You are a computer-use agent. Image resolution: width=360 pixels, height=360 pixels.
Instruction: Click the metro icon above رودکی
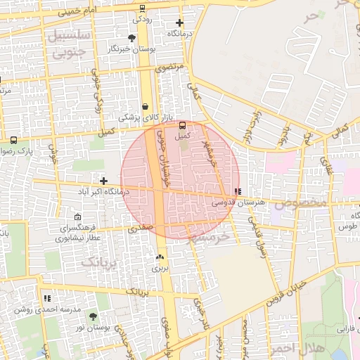(143, 8)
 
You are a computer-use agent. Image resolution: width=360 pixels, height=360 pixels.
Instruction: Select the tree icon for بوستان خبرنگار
(131, 38)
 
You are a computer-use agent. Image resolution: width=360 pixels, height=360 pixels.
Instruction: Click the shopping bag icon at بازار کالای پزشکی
(145, 107)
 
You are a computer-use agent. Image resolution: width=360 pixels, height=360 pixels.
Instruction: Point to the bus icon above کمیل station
(182, 124)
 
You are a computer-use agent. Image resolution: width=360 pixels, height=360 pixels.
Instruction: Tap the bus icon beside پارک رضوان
(14, 139)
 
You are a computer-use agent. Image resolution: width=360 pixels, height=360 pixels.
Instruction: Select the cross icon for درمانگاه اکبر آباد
(103, 181)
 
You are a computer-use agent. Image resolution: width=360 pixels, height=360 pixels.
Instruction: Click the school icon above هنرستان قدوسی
(237, 191)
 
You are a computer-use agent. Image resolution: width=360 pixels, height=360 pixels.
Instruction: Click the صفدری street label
(140, 229)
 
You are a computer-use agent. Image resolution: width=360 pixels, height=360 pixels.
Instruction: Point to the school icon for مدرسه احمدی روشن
(47, 299)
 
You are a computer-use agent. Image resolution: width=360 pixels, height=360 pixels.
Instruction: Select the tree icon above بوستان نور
(93, 317)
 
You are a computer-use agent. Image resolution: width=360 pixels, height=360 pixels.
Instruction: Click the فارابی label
(347, 328)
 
